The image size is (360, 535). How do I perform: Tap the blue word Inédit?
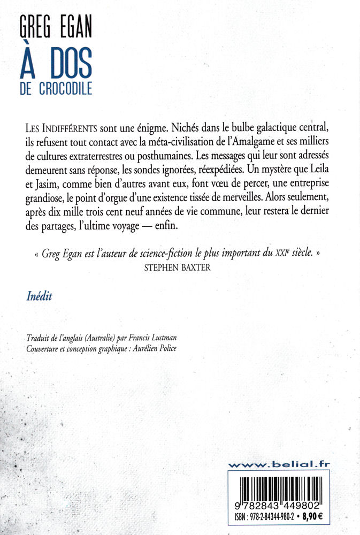point(39,297)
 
